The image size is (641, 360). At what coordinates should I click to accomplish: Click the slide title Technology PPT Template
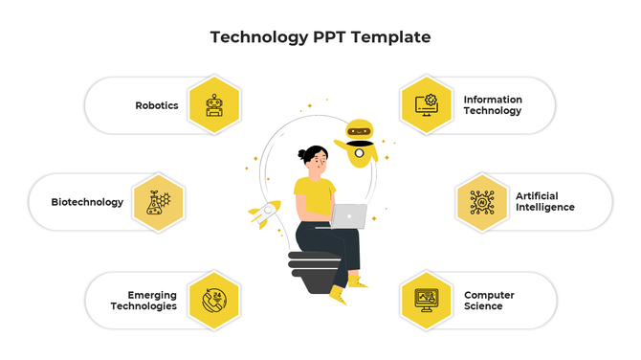point(320,37)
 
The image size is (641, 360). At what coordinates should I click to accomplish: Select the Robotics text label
point(157,105)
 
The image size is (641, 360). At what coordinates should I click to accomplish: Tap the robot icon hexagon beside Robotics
point(215,105)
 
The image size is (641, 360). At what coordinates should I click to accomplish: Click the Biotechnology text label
point(87,202)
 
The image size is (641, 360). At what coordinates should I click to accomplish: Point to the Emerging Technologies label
point(144,301)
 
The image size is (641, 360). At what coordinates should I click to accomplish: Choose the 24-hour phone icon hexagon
point(215,301)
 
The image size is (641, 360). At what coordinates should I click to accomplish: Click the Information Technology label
point(493,105)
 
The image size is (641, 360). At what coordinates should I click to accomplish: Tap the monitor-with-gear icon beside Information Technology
point(426,105)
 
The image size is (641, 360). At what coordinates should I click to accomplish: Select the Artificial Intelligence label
point(545,202)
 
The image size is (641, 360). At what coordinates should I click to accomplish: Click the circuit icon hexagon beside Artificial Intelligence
point(482,202)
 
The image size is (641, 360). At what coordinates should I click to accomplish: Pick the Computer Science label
point(489,301)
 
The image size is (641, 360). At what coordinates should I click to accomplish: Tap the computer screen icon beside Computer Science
point(426,301)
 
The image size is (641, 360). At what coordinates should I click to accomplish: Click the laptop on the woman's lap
point(349,216)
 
